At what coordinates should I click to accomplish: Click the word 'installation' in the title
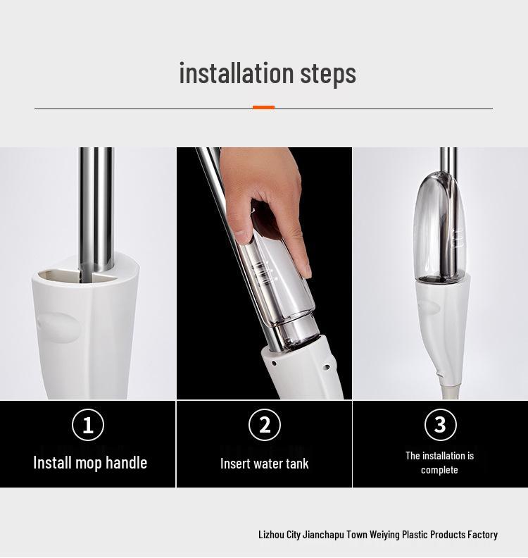tap(237, 73)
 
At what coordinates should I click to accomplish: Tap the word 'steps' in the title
tap(328, 74)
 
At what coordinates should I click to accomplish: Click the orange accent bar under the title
tap(263, 107)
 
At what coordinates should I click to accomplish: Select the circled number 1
tap(88, 425)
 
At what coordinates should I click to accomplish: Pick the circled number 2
tap(265, 425)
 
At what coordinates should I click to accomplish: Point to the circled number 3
tap(440, 424)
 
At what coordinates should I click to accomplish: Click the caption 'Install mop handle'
tap(90, 463)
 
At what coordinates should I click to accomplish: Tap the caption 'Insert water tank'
tap(265, 464)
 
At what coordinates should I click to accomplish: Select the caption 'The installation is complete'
tap(440, 463)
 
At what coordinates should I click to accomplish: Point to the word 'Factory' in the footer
tap(482, 534)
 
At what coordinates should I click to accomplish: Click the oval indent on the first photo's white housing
tap(58, 328)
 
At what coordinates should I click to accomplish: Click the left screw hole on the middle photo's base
tap(274, 364)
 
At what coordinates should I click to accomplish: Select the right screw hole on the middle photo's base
tap(327, 367)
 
